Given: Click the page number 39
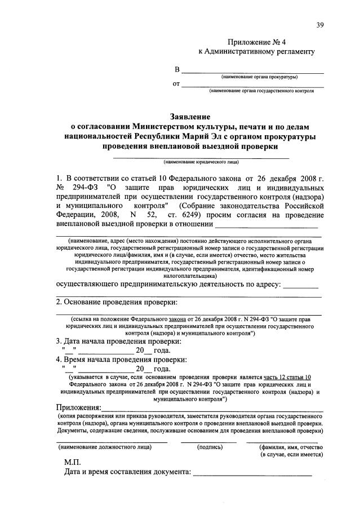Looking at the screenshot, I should point(320,24).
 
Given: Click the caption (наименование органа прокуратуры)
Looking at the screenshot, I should point(259,77).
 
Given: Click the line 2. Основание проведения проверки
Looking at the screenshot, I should point(121,301).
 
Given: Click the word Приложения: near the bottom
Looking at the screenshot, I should point(79,407).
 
